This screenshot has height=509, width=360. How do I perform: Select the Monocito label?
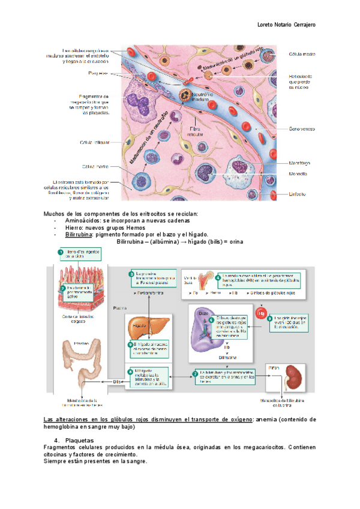point(298,174)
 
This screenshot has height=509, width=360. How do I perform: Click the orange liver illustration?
point(142,331)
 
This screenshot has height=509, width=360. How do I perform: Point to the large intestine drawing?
point(81,366)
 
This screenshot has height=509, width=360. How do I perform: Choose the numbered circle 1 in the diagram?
point(61,252)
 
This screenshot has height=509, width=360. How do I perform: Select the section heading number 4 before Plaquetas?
point(56,441)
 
